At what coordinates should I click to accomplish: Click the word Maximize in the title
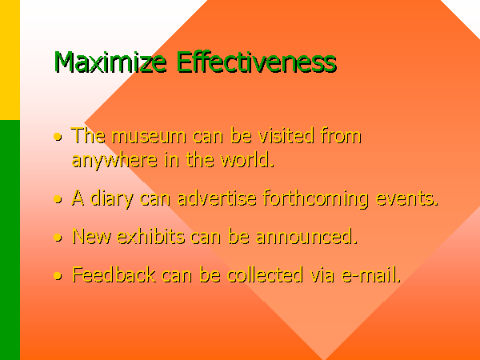(x=110, y=62)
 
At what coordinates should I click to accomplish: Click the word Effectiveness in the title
(x=257, y=62)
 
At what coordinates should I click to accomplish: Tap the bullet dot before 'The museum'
(x=58, y=137)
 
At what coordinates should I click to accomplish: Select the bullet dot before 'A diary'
(x=58, y=199)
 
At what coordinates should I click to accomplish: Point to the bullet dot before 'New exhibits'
(x=58, y=238)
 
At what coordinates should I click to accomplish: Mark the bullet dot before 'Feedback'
(x=58, y=275)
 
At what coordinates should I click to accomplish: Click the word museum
(x=149, y=137)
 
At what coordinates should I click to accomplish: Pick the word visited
(x=286, y=135)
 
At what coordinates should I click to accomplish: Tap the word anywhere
(x=114, y=161)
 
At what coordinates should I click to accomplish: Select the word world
(x=247, y=159)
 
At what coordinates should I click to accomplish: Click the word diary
(x=112, y=199)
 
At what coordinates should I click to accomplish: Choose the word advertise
(x=217, y=198)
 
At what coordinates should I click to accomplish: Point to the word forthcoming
(x=316, y=199)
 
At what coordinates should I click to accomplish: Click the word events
(x=407, y=199)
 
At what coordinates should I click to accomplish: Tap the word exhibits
(x=151, y=236)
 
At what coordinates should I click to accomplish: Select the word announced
(x=306, y=237)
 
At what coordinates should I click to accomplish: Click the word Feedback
(x=114, y=274)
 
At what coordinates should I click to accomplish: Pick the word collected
(x=265, y=274)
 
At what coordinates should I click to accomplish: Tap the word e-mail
(x=371, y=274)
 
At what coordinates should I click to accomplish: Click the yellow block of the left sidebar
(x=10, y=60)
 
